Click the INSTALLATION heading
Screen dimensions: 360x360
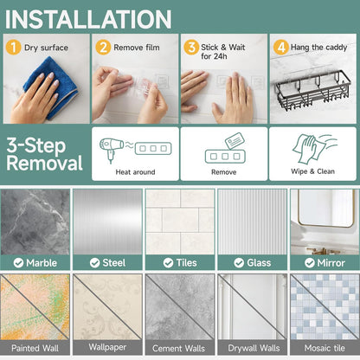point(88,19)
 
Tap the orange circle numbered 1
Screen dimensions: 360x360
point(13,47)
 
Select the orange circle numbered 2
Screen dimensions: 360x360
point(103,47)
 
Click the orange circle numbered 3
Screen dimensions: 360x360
point(191,47)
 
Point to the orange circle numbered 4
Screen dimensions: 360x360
point(281,47)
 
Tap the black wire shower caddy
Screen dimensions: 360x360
point(312,89)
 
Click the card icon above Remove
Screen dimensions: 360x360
point(235,141)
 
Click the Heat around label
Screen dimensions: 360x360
point(135,172)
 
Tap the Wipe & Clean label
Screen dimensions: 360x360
point(313,171)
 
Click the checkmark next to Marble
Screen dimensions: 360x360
point(18,263)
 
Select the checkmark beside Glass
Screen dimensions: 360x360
point(239,263)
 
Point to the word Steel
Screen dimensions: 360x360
point(114,263)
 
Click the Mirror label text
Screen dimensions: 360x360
point(331,263)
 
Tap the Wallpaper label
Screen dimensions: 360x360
point(107,347)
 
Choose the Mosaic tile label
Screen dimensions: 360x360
point(325,348)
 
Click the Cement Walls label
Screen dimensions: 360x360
point(178,349)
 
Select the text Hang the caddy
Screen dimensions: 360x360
point(318,48)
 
